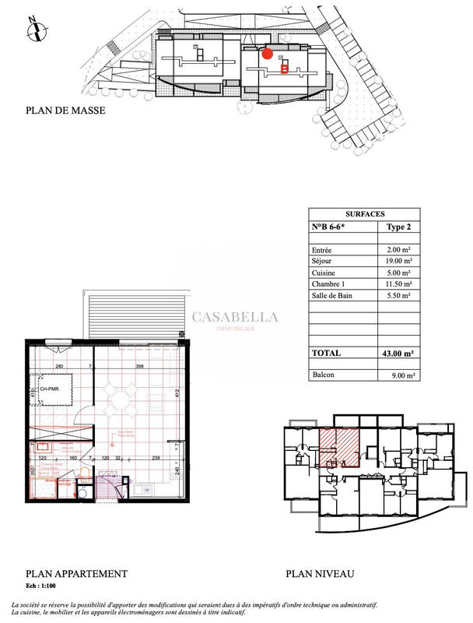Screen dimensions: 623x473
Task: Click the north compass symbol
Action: (35, 30)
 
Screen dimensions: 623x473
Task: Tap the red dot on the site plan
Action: (268, 54)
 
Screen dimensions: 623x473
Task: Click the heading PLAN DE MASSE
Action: (65, 111)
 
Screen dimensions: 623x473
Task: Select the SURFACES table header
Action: (364, 213)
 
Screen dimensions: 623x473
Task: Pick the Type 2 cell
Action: (399, 227)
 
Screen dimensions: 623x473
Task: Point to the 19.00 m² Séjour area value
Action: (398, 261)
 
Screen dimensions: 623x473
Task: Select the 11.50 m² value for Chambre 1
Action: (398, 284)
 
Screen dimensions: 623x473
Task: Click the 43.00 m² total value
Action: (397, 353)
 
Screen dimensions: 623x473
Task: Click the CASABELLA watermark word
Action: (234, 317)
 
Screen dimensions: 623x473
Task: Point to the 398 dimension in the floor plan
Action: (140, 366)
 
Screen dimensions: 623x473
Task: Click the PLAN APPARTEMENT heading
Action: (76, 574)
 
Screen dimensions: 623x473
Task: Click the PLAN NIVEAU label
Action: (320, 574)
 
